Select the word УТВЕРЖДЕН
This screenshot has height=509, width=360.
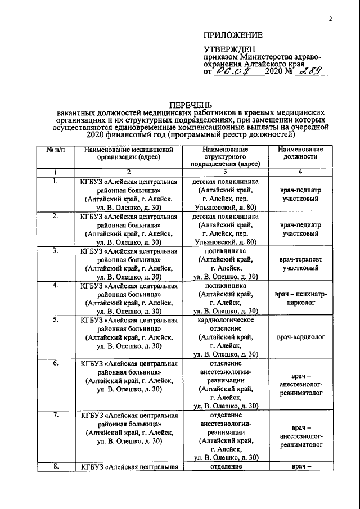pyautogui.click(x=228, y=49)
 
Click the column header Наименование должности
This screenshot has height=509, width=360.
pyautogui.click(x=300, y=154)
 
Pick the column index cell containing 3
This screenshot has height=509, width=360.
pyautogui.click(x=225, y=172)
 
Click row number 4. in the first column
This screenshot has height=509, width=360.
pyautogui.click(x=55, y=286)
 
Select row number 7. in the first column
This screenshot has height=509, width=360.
pyautogui.click(x=55, y=415)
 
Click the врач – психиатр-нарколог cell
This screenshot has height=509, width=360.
pyautogui.click(x=300, y=298)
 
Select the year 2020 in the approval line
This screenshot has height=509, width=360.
pyautogui.click(x=275, y=72)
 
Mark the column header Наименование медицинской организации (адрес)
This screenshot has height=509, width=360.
pyautogui.click(x=129, y=154)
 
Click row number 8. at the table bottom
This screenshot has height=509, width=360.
pyautogui.click(x=55, y=466)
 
